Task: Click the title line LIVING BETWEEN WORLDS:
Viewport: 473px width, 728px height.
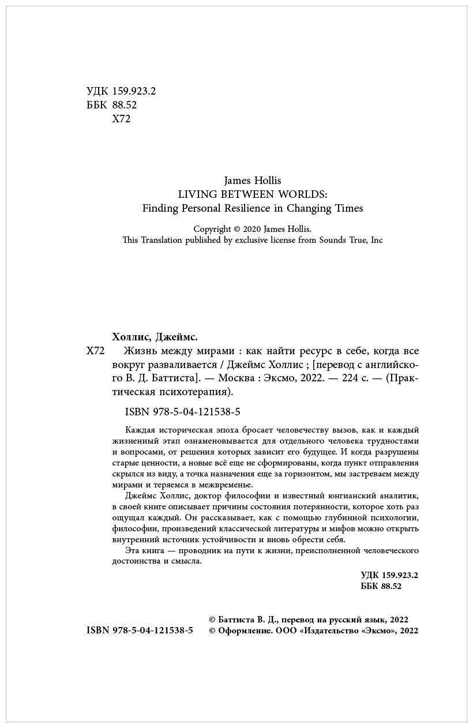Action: coord(253,194)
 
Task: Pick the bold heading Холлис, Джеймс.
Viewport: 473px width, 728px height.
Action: coord(154,337)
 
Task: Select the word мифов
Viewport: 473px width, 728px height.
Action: coord(357,528)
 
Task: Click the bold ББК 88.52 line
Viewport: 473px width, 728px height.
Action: coord(381,586)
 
